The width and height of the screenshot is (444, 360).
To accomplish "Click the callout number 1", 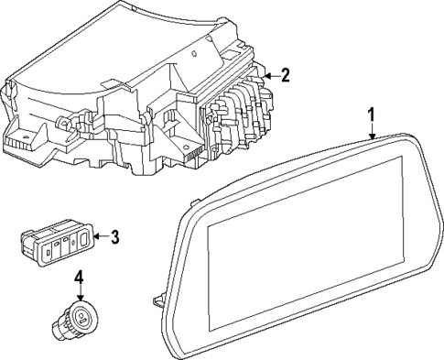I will click(x=372, y=115).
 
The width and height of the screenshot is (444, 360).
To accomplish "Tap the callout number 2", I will click(x=285, y=75).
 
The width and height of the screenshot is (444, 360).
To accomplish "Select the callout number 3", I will click(x=114, y=238).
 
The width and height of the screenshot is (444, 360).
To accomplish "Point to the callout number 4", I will click(x=79, y=277).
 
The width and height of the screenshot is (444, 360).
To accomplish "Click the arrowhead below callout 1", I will click(x=372, y=135).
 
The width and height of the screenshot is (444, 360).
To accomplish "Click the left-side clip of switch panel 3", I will click(x=25, y=243).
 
